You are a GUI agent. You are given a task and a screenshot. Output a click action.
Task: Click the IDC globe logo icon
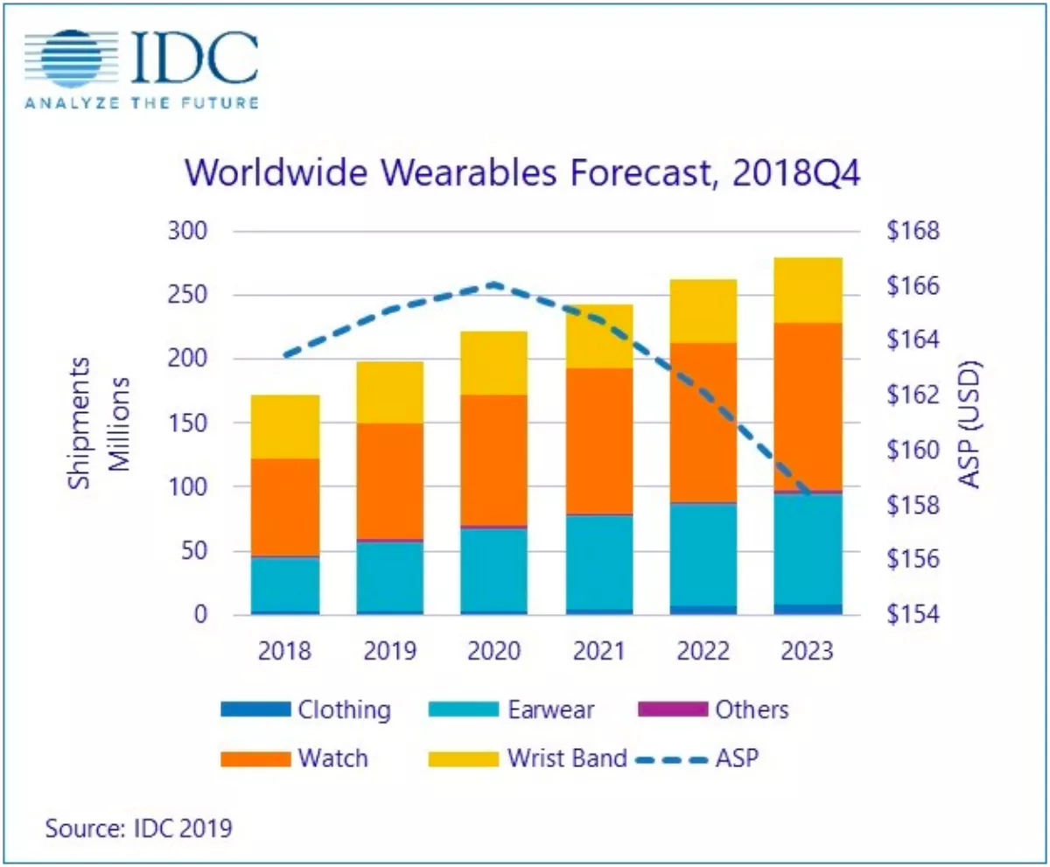pyautogui.click(x=71, y=59)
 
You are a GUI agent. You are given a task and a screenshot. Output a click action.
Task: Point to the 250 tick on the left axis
pyautogui.click(x=187, y=295)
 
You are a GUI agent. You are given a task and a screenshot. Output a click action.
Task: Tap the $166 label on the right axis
pyautogui.click(x=913, y=286)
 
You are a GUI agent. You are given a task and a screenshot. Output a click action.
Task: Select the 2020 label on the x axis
pyautogui.click(x=493, y=651)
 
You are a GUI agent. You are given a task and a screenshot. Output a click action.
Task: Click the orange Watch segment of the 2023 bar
pyautogui.click(x=808, y=406)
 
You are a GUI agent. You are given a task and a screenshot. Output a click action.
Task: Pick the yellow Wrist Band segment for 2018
pyautogui.click(x=285, y=426)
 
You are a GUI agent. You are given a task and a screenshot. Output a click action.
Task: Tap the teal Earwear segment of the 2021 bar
pyautogui.click(x=599, y=563)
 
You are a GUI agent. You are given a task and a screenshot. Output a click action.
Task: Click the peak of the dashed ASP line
pyautogui.click(x=493, y=284)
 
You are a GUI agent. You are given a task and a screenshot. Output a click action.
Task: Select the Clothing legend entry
pyautogui.click(x=305, y=710)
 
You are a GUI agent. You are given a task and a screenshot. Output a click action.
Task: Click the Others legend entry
pyautogui.click(x=713, y=710)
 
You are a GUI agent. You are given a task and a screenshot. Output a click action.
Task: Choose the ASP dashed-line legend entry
pyautogui.click(x=697, y=759)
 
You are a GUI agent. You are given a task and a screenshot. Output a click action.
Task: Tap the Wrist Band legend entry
pyautogui.click(x=528, y=759)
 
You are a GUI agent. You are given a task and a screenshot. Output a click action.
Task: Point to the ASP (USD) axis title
pyautogui.click(x=969, y=424)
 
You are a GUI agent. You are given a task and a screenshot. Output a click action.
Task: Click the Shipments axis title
pyautogui.click(x=79, y=423)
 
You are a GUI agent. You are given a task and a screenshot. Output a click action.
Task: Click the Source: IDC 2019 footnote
pyautogui.click(x=139, y=828)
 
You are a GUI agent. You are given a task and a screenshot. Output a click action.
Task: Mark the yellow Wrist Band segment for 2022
pyautogui.click(x=703, y=311)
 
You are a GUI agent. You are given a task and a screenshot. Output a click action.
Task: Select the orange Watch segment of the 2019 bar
pyautogui.click(x=390, y=481)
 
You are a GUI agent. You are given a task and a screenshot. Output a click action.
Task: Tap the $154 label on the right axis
pyautogui.click(x=913, y=614)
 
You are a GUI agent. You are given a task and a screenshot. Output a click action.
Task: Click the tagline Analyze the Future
pyautogui.click(x=142, y=103)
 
